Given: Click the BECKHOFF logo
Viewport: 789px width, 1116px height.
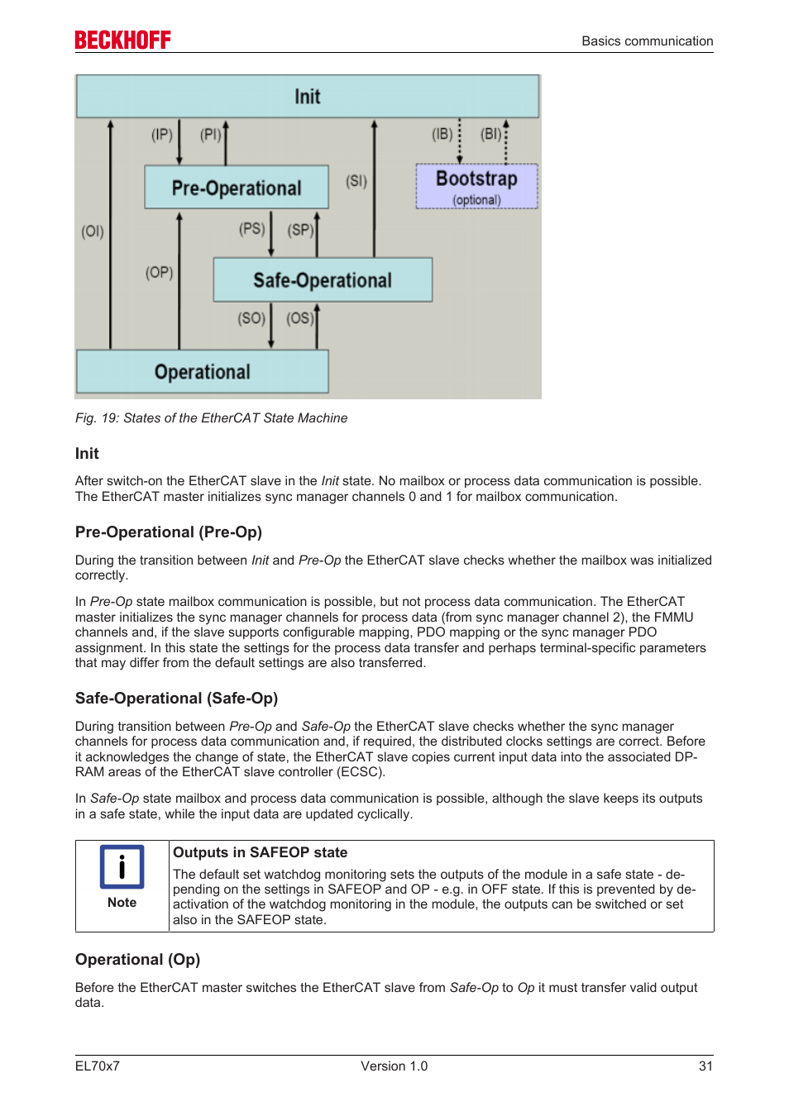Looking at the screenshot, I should [x=122, y=40].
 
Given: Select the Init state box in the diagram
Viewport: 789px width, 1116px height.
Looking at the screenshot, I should [x=308, y=97].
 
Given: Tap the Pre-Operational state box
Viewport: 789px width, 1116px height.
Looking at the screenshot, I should [x=237, y=188].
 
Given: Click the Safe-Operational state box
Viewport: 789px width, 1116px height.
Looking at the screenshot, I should [x=323, y=280].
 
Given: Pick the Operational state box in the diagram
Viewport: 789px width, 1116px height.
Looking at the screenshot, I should [x=203, y=372].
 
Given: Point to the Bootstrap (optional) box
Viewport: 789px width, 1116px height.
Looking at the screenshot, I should [x=476, y=186].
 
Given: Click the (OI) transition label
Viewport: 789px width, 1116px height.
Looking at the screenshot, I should [x=93, y=231].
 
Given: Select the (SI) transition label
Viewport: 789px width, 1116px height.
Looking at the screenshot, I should [x=356, y=181].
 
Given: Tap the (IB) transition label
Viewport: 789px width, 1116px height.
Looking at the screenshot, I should [x=442, y=134].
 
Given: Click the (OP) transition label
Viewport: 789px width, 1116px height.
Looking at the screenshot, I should [x=160, y=273].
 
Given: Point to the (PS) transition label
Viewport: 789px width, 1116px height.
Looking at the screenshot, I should [x=252, y=229].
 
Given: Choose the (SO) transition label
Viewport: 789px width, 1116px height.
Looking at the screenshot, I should [x=251, y=318].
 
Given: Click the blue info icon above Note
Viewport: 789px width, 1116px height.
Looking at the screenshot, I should [x=122, y=866].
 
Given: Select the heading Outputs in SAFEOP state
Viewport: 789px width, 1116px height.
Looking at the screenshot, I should [x=260, y=852].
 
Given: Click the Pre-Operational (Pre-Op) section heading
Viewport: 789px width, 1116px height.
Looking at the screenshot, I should [x=169, y=532].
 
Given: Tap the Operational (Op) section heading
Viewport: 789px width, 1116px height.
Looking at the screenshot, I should [x=138, y=960].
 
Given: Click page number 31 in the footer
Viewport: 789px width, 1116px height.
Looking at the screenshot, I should [x=705, y=1066].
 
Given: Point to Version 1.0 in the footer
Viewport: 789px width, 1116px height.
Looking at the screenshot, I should [x=394, y=1066].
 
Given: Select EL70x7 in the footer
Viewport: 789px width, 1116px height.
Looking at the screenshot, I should [x=98, y=1066].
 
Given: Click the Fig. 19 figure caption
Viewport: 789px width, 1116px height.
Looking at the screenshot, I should [x=211, y=418].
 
